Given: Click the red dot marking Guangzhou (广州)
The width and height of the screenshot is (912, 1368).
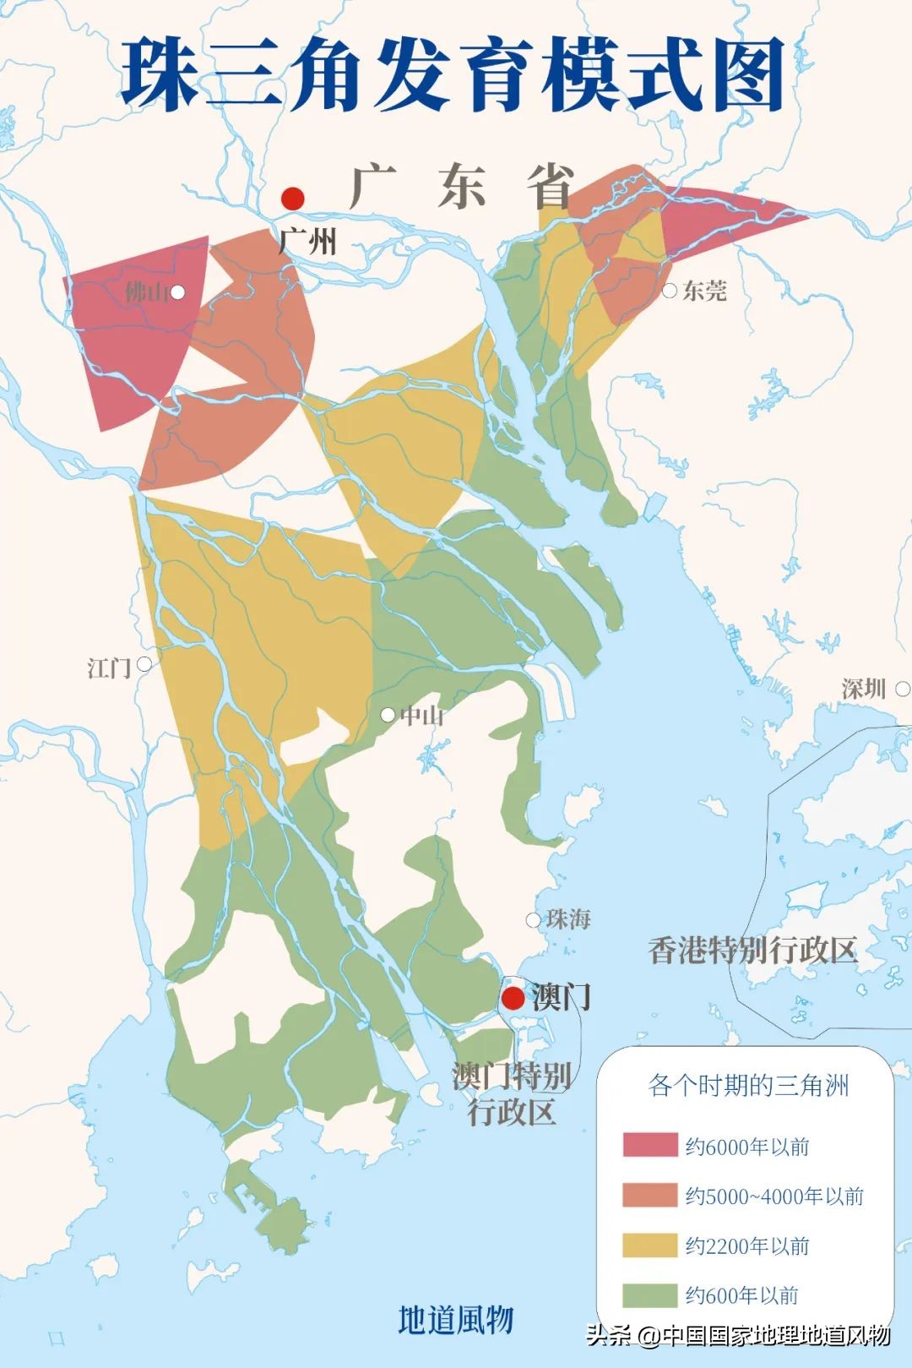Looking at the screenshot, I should (x=292, y=199).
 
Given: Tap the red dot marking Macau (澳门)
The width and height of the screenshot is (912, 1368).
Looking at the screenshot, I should (x=513, y=998).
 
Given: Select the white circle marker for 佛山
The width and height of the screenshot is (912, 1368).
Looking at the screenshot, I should (x=177, y=292).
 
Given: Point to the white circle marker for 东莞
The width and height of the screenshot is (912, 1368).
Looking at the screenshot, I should (x=670, y=291).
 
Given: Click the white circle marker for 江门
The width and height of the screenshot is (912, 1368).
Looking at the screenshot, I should (x=144, y=665).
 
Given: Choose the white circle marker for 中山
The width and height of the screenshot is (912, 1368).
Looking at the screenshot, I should (x=388, y=715).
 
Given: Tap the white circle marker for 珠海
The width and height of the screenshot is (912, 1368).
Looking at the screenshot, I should (x=533, y=920).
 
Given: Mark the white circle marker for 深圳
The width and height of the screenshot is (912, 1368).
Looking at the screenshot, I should (x=902, y=689).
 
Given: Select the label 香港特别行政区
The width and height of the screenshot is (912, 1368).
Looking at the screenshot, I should (x=752, y=951).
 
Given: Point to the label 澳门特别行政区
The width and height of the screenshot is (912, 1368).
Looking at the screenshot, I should (x=512, y=1093).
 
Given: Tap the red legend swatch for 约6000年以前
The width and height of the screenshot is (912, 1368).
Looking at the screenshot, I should (x=649, y=1145).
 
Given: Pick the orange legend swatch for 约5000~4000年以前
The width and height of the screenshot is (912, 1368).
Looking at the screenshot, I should (x=649, y=1195).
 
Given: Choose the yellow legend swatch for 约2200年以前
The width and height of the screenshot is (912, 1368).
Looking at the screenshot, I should (x=649, y=1245).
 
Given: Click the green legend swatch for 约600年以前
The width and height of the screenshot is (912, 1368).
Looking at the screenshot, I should (x=649, y=1294).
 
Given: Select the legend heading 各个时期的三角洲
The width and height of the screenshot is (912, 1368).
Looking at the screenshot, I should (x=748, y=1085).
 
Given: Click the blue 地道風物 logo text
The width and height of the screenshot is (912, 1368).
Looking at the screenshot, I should (x=456, y=1319).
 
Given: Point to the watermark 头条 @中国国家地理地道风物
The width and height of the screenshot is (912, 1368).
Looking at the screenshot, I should (x=738, y=1335).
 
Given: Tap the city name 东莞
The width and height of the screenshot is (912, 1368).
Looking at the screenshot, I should (x=704, y=292).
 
